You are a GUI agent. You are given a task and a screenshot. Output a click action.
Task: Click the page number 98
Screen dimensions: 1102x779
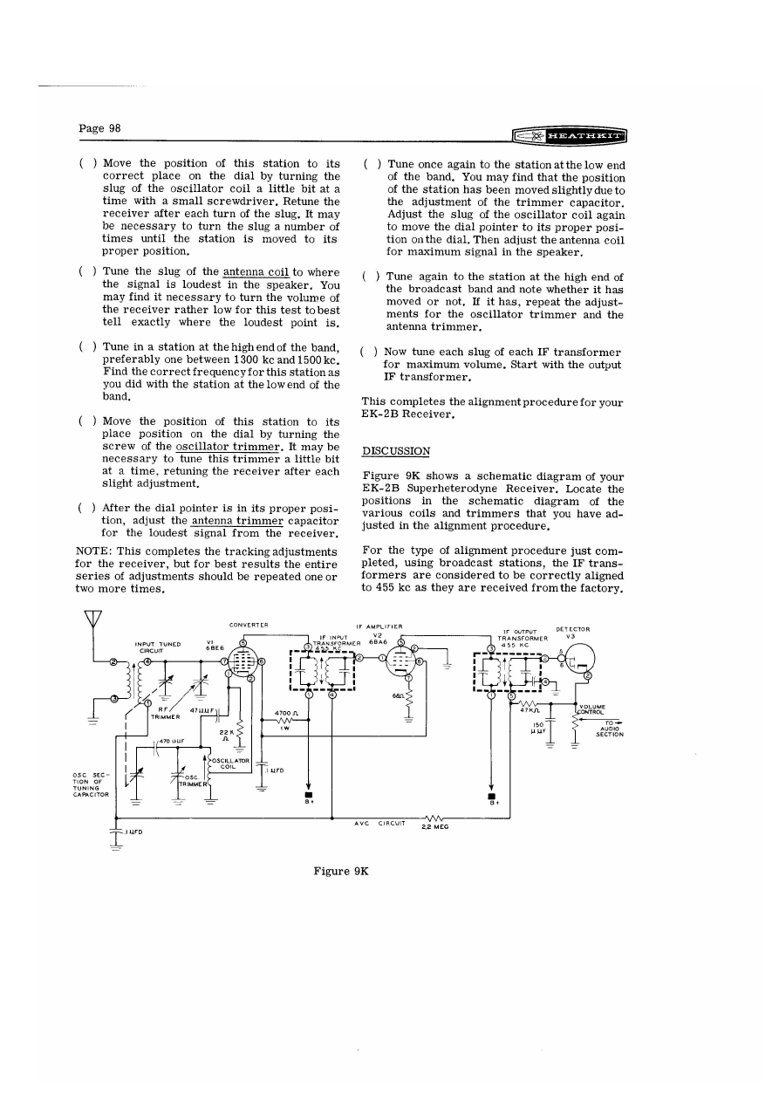(99, 128)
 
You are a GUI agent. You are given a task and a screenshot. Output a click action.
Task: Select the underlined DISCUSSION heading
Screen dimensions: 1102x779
(396, 451)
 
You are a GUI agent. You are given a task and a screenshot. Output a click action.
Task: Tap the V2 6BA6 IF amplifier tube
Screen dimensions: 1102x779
(401, 661)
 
